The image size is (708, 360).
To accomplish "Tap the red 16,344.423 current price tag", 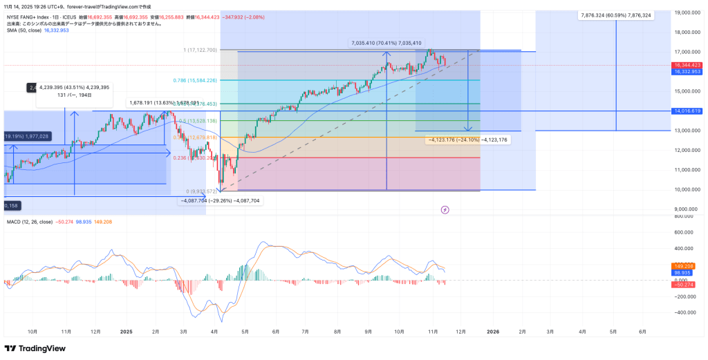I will (x=687, y=65).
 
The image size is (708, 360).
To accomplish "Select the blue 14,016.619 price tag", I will (x=687, y=111).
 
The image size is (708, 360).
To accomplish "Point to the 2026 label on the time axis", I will (x=493, y=332).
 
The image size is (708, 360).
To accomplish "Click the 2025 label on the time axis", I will (x=126, y=332).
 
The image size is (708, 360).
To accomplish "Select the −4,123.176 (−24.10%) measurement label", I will (x=468, y=140).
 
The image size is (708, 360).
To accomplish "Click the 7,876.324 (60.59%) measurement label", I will (x=616, y=15).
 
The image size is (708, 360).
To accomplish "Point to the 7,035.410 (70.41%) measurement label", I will (x=386, y=43).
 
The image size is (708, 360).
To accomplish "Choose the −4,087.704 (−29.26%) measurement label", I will (x=220, y=200).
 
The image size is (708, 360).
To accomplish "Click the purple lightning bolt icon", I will (x=445, y=209).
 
